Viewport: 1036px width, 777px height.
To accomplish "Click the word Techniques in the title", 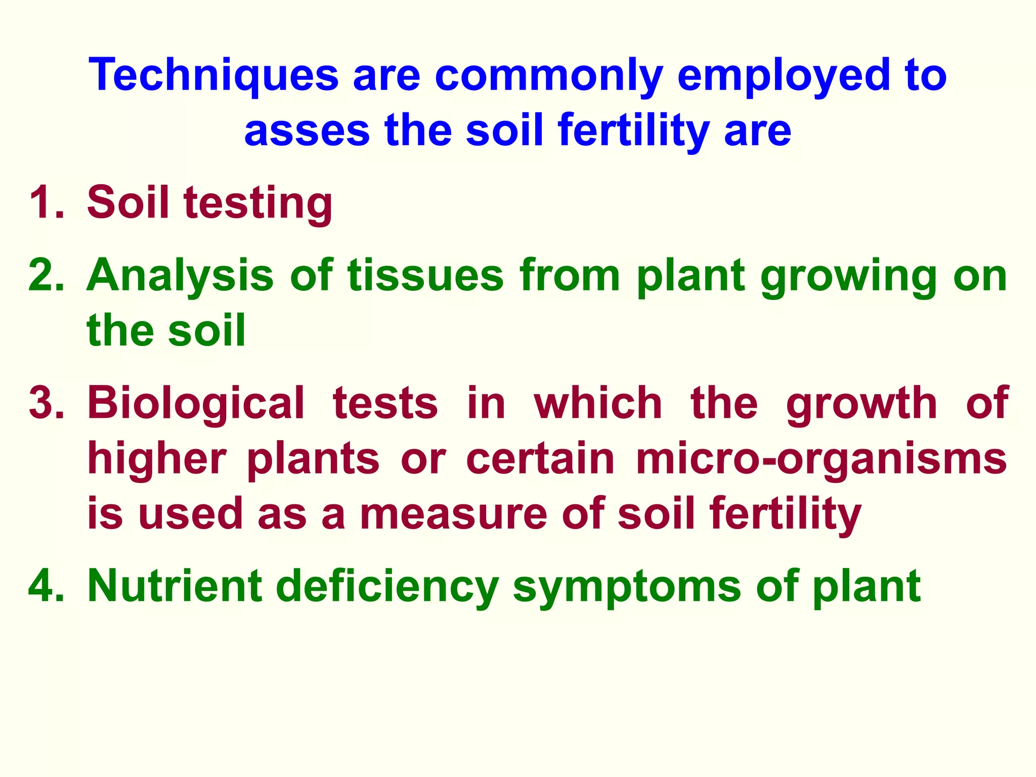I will [213, 76].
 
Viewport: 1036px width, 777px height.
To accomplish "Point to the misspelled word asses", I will [307, 131].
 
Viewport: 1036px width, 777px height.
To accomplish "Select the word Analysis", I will [180, 277].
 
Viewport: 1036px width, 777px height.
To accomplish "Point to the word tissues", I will [425, 276].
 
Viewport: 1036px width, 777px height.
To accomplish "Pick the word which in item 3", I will [597, 403].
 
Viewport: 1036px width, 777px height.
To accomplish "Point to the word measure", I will [453, 514].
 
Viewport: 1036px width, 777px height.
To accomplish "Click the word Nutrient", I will [175, 586].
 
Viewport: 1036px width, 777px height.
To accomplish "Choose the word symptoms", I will [627, 588].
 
